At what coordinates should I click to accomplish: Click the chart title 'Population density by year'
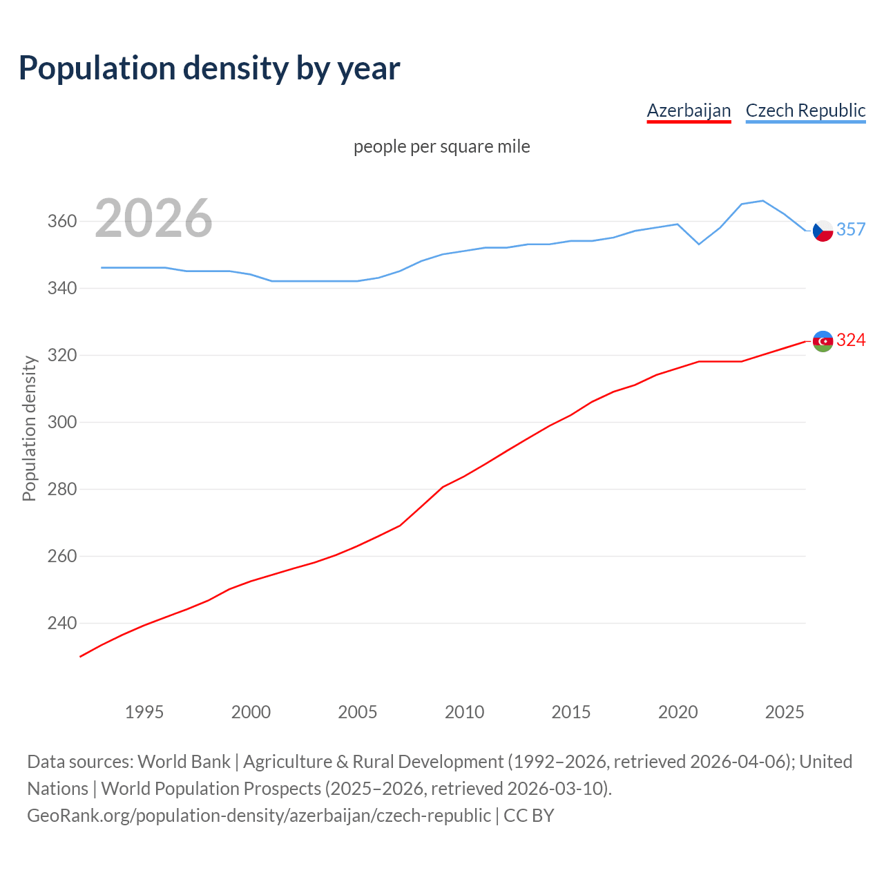click(209, 68)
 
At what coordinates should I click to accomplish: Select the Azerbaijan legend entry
click(689, 110)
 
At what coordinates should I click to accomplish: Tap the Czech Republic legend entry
click(805, 110)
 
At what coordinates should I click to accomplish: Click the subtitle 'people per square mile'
click(442, 146)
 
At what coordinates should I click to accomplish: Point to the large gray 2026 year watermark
click(153, 218)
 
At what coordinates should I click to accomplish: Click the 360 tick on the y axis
click(61, 222)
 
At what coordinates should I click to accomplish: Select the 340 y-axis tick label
click(61, 288)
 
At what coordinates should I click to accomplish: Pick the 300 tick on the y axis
click(61, 422)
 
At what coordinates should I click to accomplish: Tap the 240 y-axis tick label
click(61, 623)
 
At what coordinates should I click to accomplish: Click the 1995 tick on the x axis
click(144, 712)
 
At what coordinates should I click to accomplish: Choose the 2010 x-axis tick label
click(464, 712)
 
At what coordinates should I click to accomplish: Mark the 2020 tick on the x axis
click(678, 712)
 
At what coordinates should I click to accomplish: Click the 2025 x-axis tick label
click(785, 712)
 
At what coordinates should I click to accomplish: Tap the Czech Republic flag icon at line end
click(823, 231)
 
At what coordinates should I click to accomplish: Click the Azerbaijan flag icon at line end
click(823, 341)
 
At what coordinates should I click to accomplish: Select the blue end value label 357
click(851, 229)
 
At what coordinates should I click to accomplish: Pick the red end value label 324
click(851, 340)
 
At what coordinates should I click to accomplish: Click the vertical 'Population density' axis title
click(29, 428)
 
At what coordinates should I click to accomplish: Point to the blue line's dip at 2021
click(699, 244)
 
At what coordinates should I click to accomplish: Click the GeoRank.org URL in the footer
click(259, 816)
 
